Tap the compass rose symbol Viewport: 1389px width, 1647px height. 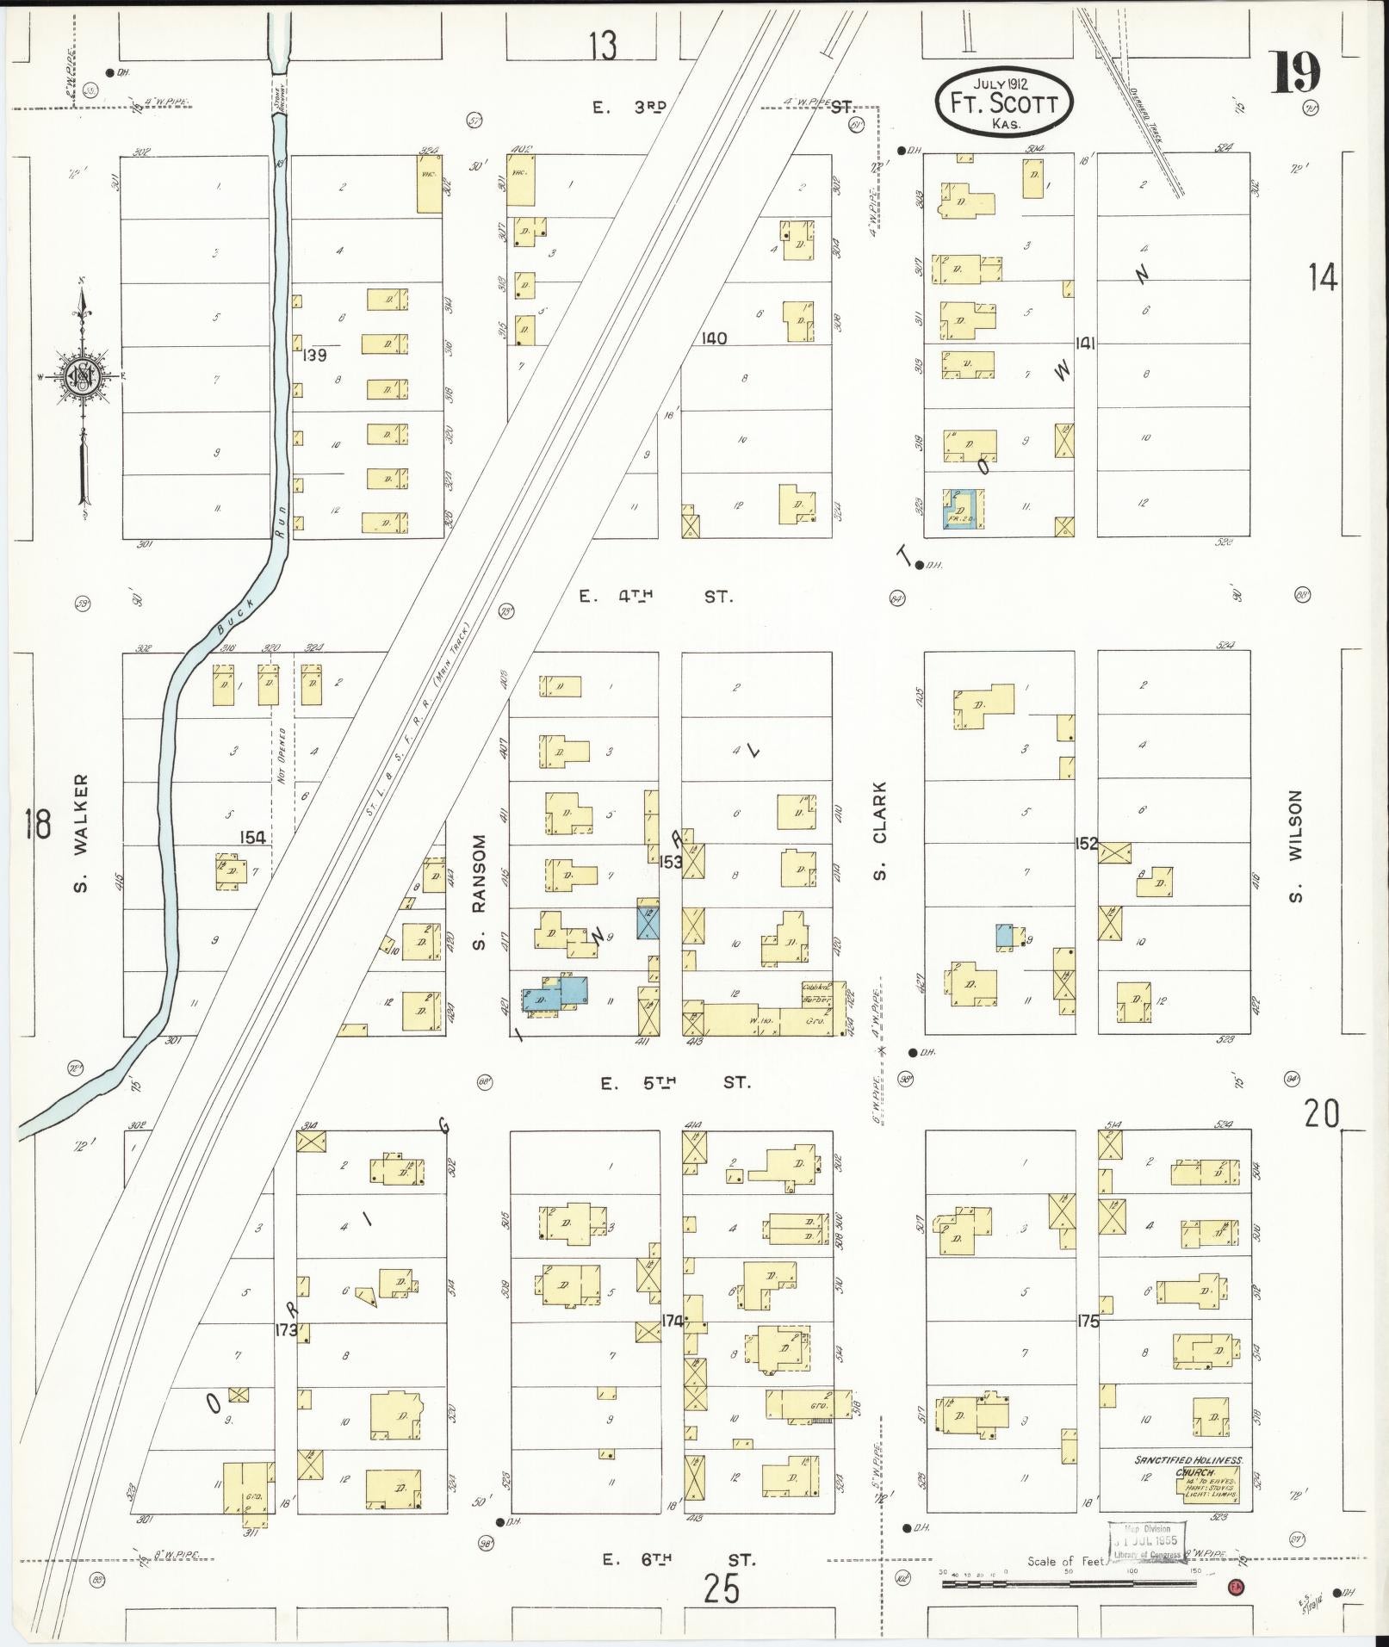83,375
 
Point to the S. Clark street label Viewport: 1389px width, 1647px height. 879,831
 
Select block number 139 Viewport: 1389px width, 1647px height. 315,355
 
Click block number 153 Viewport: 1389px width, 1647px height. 671,861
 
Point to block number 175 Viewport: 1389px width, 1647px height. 1088,1322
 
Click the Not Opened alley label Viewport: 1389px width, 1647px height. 282,756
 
